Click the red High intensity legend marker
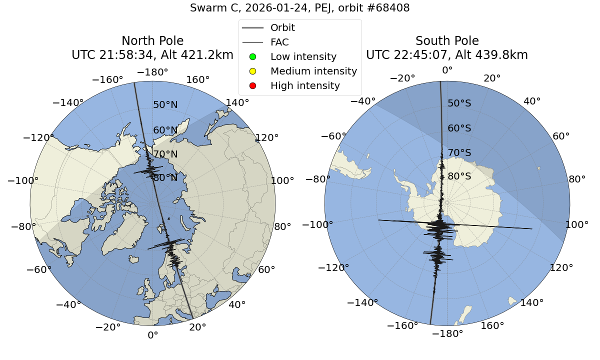tap(252, 85)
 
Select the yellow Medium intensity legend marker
tap(252, 71)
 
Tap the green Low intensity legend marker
tap(252, 56)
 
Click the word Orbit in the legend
tap(282, 27)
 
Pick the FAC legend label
tap(279, 42)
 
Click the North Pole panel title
tap(152, 41)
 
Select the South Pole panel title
tap(447, 41)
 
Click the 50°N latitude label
tap(165, 105)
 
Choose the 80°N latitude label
tap(165, 178)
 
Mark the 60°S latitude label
tap(459, 128)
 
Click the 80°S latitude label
tap(459, 176)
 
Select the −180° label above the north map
tap(152, 72)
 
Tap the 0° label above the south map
tap(447, 70)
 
